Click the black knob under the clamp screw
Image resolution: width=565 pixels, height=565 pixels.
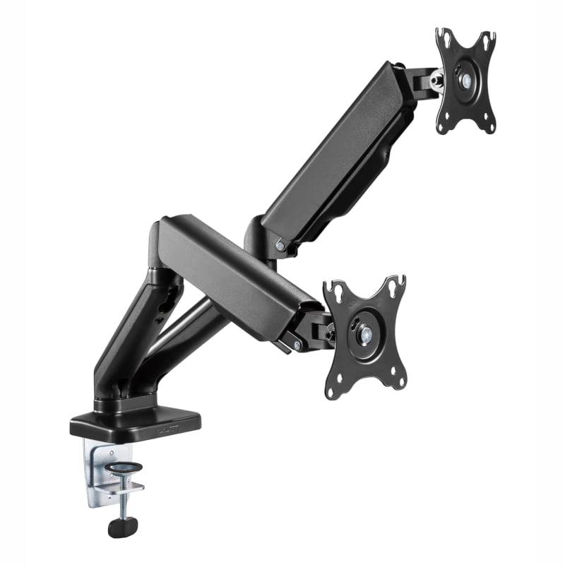click(x=121, y=526)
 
